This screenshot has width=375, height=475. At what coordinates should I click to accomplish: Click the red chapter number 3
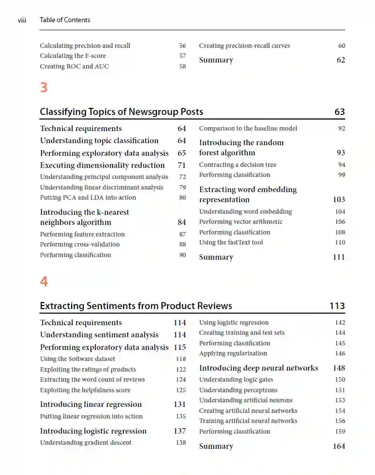[44, 87]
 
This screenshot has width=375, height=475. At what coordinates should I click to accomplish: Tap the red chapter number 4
[44, 281]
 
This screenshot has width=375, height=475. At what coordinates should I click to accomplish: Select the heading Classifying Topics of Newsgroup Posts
[121, 111]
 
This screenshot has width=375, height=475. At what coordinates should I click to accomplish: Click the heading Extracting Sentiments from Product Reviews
[136, 306]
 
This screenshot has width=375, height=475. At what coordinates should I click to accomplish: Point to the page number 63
[339, 111]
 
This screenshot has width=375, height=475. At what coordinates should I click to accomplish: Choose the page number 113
[337, 306]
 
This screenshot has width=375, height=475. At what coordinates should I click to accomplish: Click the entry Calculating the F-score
[73, 56]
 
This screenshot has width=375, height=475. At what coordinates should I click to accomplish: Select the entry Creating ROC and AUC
[74, 67]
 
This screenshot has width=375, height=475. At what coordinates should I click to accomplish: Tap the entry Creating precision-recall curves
[244, 46]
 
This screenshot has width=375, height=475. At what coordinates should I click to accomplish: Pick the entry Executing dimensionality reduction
[102, 165]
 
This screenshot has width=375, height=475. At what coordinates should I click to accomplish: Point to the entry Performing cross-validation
[80, 245]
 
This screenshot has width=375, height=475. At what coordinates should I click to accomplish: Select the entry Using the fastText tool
[231, 243]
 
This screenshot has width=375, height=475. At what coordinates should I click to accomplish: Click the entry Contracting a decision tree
[238, 165]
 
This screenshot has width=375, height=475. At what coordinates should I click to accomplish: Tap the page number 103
[339, 200]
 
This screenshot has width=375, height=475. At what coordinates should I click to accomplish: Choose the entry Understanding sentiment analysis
[99, 335]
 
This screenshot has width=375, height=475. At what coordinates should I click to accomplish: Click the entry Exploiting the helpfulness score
[85, 390]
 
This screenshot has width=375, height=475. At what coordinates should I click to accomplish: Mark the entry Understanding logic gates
[236, 380]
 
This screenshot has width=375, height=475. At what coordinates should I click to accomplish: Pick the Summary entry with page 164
[216, 446]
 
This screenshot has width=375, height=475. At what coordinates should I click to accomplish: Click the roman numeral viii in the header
[22, 20]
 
